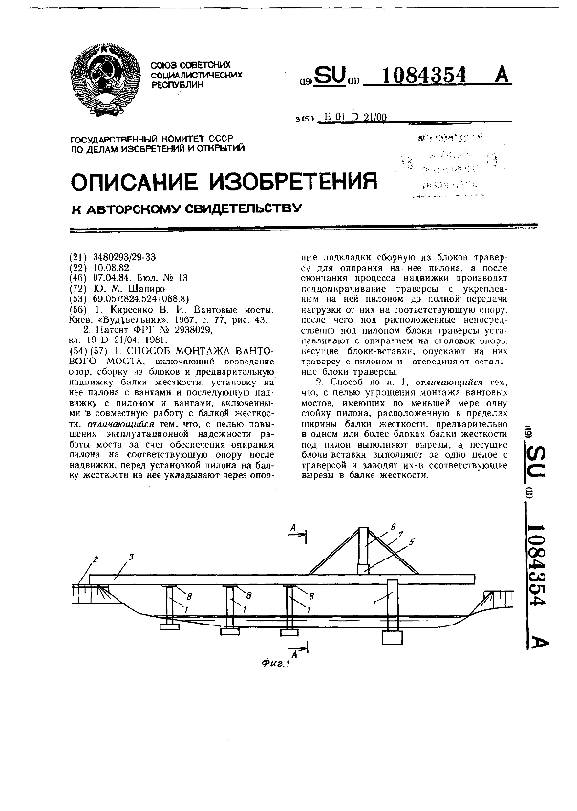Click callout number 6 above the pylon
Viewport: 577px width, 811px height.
pos(391,527)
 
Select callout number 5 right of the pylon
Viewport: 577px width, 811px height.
pos(411,541)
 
